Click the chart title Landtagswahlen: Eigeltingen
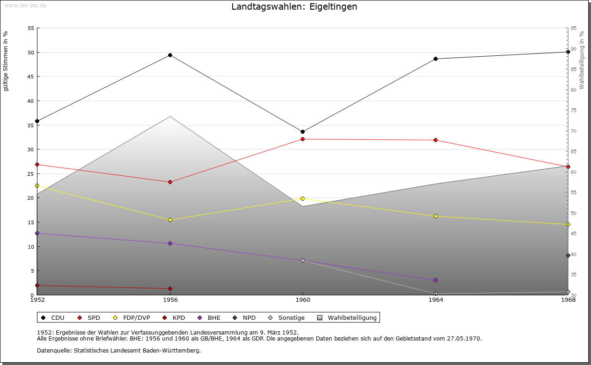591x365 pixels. tap(294, 7)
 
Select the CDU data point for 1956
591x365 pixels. tap(170, 55)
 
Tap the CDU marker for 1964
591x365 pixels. tap(435, 59)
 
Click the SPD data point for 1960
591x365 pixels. tap(302, 139)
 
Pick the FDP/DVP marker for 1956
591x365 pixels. tap(170, 220)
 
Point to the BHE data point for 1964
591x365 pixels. tap(435, 280)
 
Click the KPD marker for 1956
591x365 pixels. tap(170, 289)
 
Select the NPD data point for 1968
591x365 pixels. tap(568, 256)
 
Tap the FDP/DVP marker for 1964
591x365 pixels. tap(435, 216)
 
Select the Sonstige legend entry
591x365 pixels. tap(287, 317)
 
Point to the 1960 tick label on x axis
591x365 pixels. tap(302, 300)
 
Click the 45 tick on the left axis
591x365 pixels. tap(31, 77)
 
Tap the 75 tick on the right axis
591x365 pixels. tap(573, 110)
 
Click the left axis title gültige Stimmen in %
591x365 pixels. tap(6, 61)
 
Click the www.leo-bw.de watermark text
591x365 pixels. tap(24, 5)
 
